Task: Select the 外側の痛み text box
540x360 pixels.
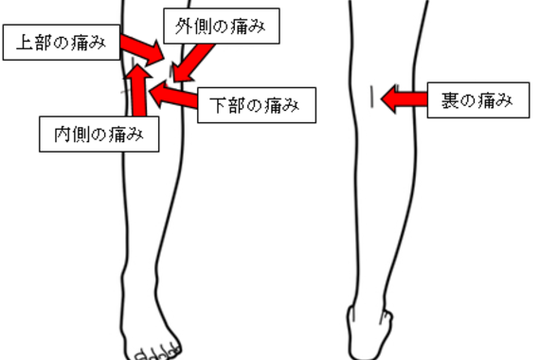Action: pos(223,28)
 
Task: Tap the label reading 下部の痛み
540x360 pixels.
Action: pos(255,105)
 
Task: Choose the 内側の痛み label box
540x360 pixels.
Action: pos(99,134)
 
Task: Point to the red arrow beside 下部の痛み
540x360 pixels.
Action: pos(175,95)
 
